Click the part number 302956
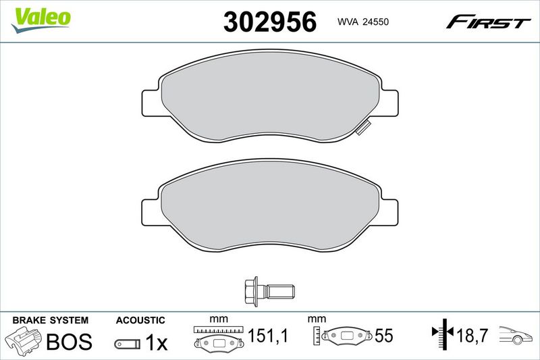(269, 22)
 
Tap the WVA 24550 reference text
(363, 22)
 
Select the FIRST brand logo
(488, 22)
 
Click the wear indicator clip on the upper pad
(363, 128)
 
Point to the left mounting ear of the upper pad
(151, 103)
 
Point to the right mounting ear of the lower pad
(389, 213)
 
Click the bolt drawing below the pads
(269, 290)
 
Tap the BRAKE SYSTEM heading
(50, 320)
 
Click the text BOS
(70, 341)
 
